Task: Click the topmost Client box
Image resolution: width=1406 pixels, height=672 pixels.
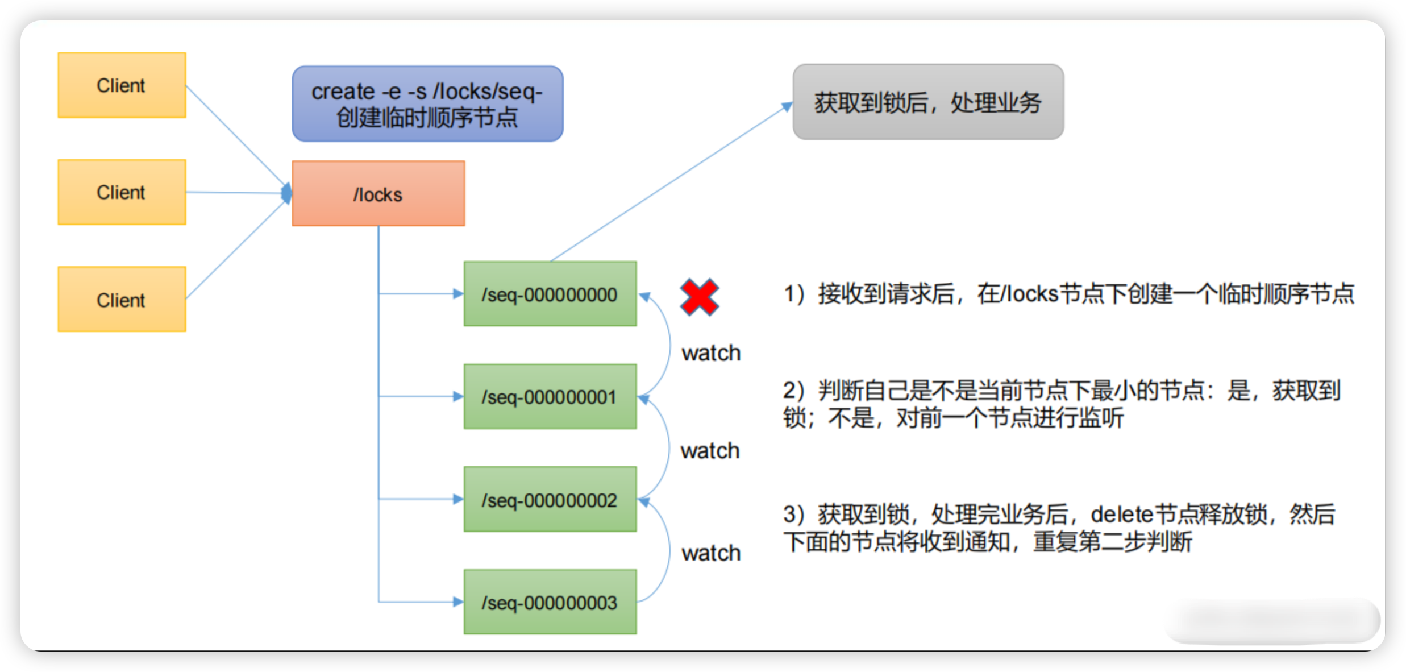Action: pyautogui.click(x=122, y=85)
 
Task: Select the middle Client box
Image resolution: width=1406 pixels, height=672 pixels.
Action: pyautogui.click(x=122, y=192)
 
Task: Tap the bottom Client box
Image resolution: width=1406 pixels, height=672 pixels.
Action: pyautogui.click(x=122, y=299)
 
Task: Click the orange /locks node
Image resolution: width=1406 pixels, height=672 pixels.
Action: pyautogui.click(x=378, y=194)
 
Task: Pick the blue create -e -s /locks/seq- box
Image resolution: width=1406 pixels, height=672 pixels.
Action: pyautogui.click(x=427, y=103)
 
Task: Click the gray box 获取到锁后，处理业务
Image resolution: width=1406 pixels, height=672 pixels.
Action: pyautogui.click(x=928, y=102)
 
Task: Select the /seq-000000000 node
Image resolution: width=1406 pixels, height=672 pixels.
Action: pyautogui.click(x=550, y=294)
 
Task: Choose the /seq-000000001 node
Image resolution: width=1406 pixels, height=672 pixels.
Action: pyautogui.click(x=550, y=396)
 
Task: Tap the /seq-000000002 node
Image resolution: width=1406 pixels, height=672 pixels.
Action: pyautogui.click(x=550, y=499)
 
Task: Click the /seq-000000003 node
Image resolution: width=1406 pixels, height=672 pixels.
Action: pyautogui.click(x=550, y=602)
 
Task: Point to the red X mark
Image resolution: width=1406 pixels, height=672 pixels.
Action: pyautogui.click(x=700, y=297)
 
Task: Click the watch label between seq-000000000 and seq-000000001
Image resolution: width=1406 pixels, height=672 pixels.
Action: pyautogui.click(x=711, y=353)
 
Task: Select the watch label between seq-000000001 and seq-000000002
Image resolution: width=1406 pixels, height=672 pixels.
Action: pyautogui.click(x=710, y=451)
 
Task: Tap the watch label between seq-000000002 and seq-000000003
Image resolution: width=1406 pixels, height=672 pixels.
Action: pyautogui.click(x=711, y=553)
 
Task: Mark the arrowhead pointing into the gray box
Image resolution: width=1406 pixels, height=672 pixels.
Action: pyautogui.click(x=787, y=106)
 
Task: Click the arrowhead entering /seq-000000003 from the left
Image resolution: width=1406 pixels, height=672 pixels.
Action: pyautogui.click(x=458, y=602)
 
